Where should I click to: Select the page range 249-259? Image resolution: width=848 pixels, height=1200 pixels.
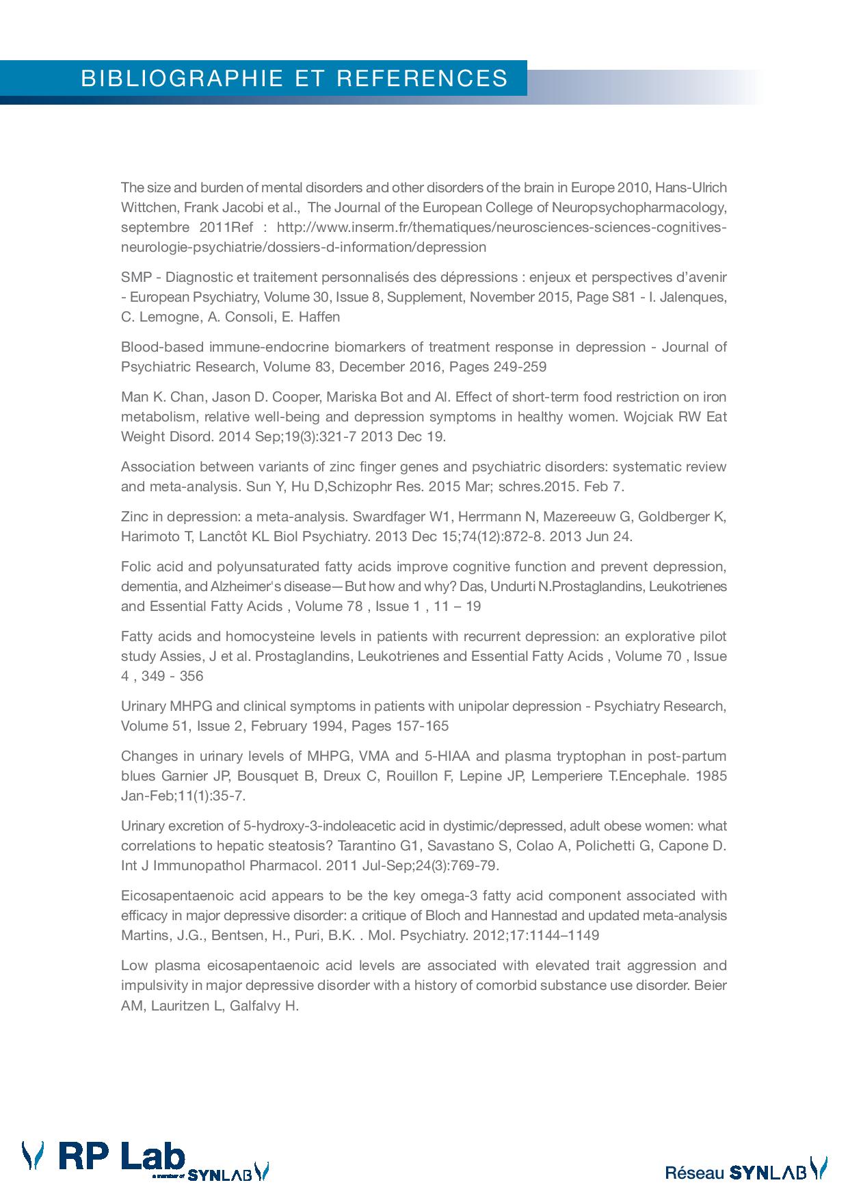coord(519,367)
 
